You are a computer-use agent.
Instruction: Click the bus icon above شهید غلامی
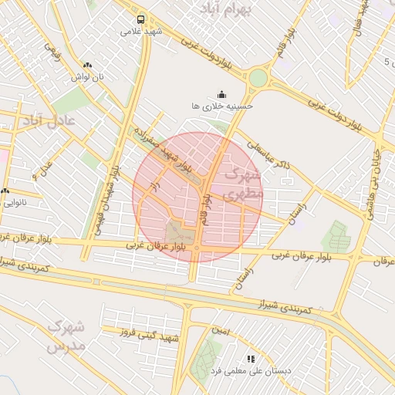(140, 19)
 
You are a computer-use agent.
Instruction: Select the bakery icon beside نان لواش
(87, 66)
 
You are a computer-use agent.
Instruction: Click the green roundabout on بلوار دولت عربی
(258, 78)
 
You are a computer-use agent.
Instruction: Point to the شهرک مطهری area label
(241, 185)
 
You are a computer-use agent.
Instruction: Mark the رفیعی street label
(52, 51)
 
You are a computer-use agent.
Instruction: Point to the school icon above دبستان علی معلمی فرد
(251, 359)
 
